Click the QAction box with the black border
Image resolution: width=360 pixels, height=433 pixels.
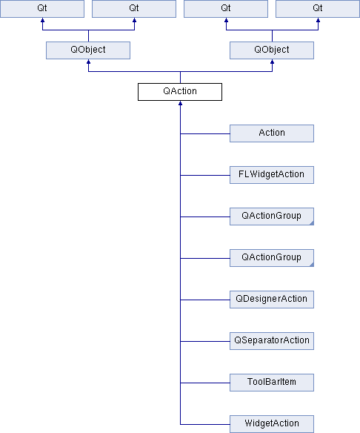[180, 92]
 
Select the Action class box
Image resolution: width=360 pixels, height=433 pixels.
[272, 133]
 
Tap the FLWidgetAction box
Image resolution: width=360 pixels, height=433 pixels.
[272, 175]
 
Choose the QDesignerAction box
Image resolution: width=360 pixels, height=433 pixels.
[272, 300]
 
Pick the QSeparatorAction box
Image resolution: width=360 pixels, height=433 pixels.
[272, 341]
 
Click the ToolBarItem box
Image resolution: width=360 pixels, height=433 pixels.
[272, 383]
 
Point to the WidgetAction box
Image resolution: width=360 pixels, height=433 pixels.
[272, 424]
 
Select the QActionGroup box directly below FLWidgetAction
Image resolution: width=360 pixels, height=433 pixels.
[272, 216]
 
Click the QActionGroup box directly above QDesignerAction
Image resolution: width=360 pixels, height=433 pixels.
[272, 258]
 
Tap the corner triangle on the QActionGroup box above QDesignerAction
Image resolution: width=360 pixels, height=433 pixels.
[312, 265]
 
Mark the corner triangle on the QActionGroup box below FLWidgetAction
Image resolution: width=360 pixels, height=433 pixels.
[312, 223]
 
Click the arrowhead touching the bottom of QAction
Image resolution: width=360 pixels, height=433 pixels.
[180, 103]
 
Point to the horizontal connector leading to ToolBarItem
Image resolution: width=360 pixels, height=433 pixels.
[205, 383]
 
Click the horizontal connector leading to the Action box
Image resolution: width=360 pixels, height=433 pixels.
[205, 133]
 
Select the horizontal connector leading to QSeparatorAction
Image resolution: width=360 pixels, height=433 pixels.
[205, 341]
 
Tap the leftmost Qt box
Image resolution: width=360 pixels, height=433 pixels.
[42, 9]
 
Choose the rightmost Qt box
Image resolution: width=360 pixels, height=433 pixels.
[318, 9]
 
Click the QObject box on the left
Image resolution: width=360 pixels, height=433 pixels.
[88, 50]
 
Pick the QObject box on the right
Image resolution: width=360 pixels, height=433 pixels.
[272, 50]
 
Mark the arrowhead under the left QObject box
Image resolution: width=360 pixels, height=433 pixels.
[88, 62]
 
